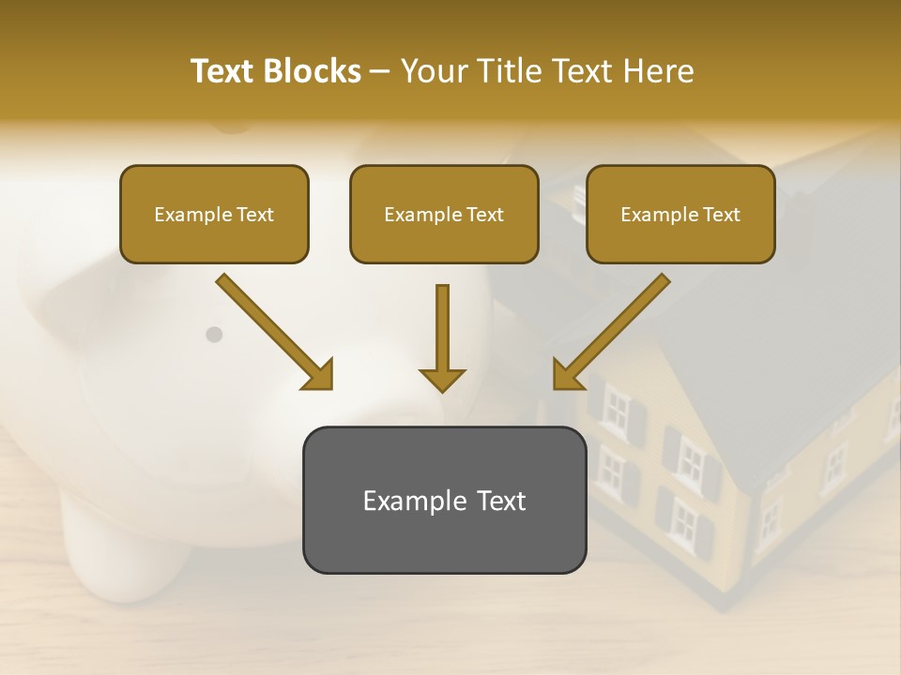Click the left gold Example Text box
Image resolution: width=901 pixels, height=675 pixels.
click(x=214, y=214)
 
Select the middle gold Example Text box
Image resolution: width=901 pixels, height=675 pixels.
click(x=444, y=214)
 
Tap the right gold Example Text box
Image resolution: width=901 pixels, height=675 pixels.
click(x=680, y=214)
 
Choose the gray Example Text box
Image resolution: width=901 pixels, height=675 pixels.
click(x=444, y=500)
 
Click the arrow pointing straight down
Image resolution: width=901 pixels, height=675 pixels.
click(x=442, y=337)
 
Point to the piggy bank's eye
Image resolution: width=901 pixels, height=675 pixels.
click(x=214, y=334)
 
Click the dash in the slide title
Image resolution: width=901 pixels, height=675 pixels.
click(x=380, y=71)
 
